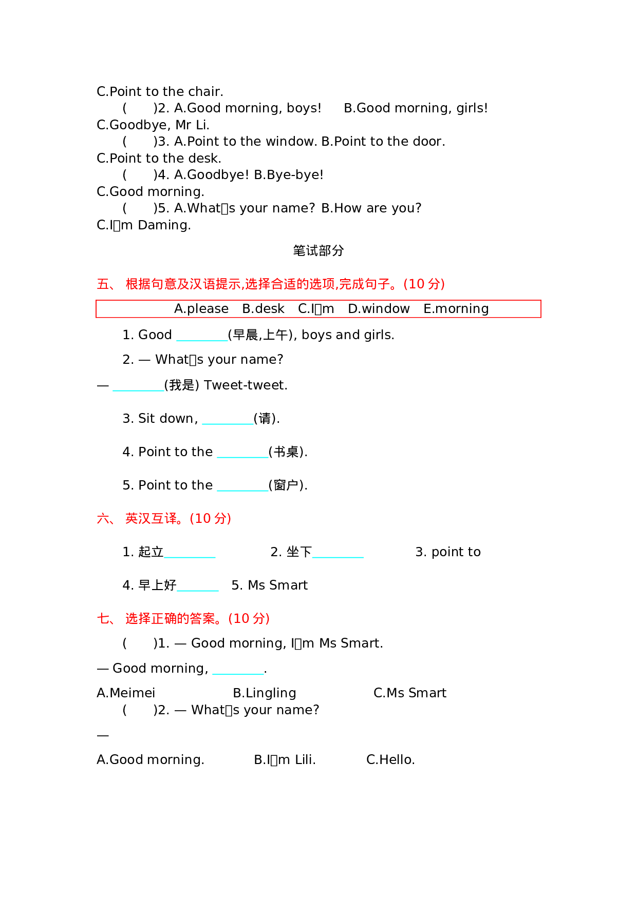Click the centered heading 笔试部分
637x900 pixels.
318,251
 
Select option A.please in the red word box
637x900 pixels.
201,309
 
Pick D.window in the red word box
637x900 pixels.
379,309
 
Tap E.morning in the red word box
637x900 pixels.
456,309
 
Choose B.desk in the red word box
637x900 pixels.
263,309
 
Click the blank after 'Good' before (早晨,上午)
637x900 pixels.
202,336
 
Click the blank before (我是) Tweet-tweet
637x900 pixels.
138,386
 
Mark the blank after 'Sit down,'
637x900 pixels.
228,420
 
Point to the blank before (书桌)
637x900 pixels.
242,453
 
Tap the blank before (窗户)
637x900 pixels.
242,486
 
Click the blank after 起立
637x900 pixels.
190,553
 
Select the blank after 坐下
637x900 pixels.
338,553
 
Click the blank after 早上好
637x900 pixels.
198,586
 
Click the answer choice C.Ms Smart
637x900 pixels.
409,693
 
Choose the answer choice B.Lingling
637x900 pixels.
264,693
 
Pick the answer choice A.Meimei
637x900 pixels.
126,693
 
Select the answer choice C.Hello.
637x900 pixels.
390,760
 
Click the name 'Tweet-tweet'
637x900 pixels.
245,385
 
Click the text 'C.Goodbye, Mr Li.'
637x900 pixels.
153,125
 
